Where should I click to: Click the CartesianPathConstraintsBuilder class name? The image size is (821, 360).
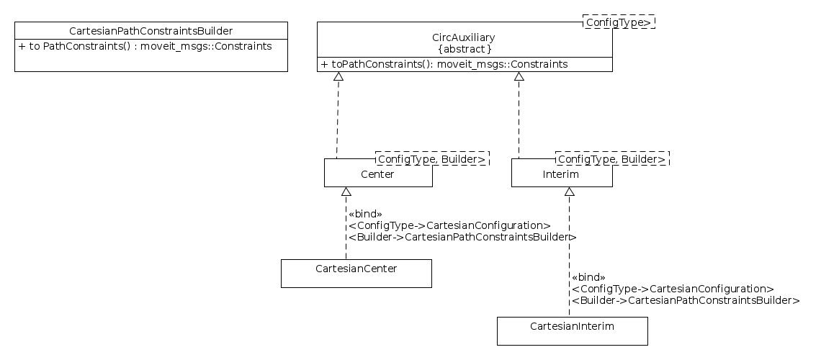pos(151,31)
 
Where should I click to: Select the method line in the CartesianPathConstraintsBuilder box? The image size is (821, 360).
pos(145,47)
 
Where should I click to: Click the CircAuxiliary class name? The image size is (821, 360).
pos(463,37)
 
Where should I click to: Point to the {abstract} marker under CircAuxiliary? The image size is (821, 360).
pos(465,49)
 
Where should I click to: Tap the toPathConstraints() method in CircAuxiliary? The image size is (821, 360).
pos(444,65)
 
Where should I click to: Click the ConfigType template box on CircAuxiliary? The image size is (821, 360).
pos(619,22)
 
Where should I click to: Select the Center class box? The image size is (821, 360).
pos(377,174)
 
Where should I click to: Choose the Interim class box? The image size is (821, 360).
pos(561,174)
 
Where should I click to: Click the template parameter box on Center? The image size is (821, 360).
pos(431,158)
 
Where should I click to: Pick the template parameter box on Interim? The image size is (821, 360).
pos(611,158)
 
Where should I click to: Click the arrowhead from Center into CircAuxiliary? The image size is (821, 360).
pos(338,77)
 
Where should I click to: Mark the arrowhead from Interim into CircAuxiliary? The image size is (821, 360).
pos(519,77)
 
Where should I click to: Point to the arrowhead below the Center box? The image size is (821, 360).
pos(346,192)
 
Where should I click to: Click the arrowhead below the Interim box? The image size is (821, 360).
pos(569,192)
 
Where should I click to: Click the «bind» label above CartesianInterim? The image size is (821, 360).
pos(588,277)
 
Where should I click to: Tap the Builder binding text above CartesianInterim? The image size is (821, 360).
pos(685,300)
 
